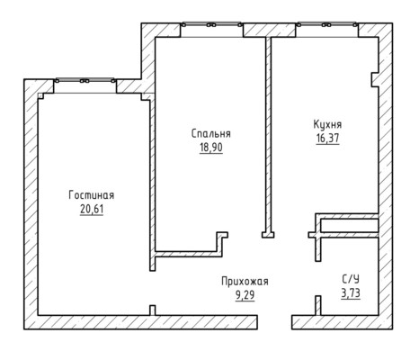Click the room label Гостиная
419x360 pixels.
pos(92,195)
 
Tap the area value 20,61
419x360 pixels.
pos(92,209)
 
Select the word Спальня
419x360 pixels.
pos(211,133)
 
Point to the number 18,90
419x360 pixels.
pos(211,148)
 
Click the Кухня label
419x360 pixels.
pos(327,124)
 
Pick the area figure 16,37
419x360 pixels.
pos(327,139)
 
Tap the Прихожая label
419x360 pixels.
pos(245,282)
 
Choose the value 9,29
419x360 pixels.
pos(245,295)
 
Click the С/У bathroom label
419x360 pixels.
pos(351,279)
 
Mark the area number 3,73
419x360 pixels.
pos(351,292)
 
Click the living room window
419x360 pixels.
pos(85,80)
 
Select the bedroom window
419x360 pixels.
pos(211,25)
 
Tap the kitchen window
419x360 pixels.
pos(327,25)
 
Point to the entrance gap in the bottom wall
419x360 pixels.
pos(274,322)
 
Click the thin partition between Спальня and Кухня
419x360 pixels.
pos(269,135)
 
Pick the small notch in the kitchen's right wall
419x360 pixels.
pos(375,79)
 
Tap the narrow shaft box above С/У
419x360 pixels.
pos(350,226)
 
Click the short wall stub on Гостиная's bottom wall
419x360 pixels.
pos(153,310)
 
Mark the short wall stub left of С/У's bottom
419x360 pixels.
pos(318,305)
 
